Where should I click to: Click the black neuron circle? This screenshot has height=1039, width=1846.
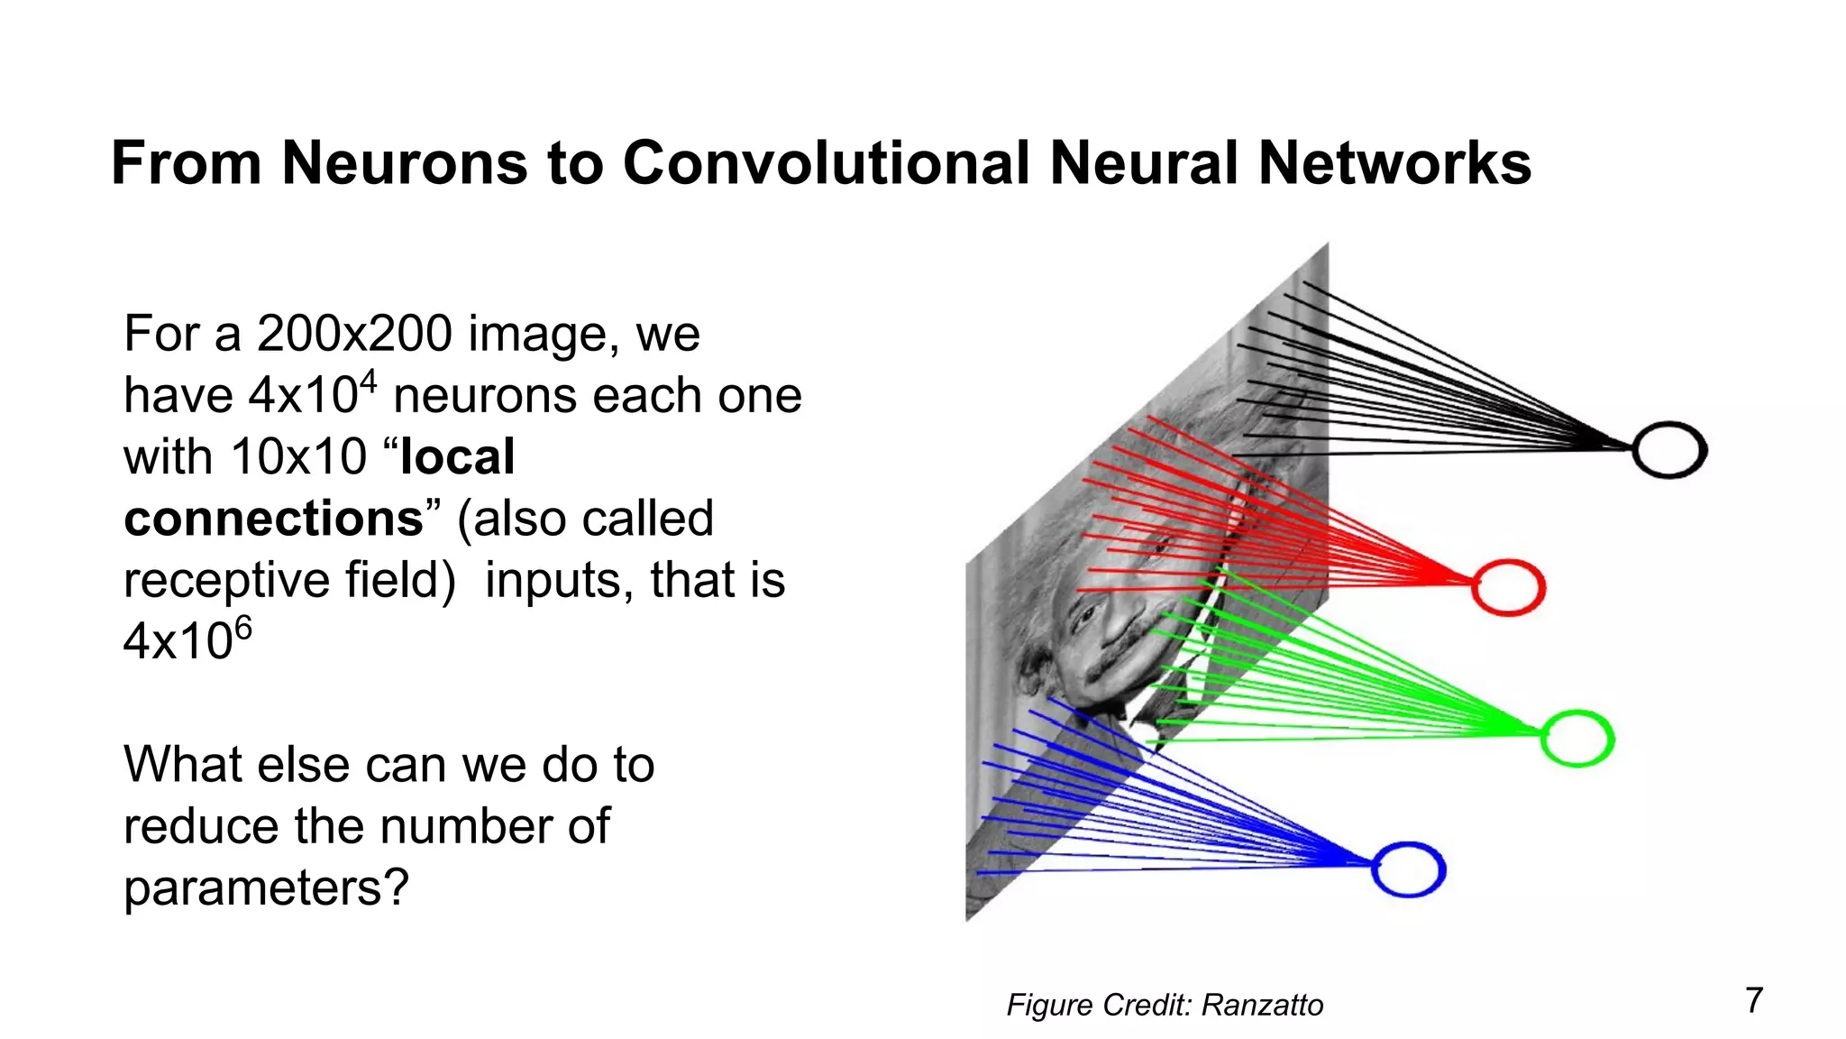[x=1668, y=450]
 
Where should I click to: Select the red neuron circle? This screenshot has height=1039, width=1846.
[x=1508, y=588]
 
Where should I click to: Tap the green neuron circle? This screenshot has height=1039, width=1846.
[x=1576, y=739]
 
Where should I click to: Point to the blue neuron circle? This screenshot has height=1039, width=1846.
[x=1408, y=869]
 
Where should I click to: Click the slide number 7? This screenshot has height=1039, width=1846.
[x=1753, y=1000]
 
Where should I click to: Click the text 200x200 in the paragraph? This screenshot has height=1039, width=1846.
[x=354, y=334]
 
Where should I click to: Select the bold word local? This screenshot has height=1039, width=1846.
[x=458, y=456]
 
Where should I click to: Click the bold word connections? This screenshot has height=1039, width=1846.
[x=273, y=519]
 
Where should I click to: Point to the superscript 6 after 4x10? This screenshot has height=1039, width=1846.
[x=243, y=627]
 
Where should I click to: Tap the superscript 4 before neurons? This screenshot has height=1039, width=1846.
[x=368, y=382]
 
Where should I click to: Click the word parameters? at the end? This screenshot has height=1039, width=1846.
[x=266, y=888]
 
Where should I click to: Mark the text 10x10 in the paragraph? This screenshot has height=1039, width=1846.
[x=298, y=456]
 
